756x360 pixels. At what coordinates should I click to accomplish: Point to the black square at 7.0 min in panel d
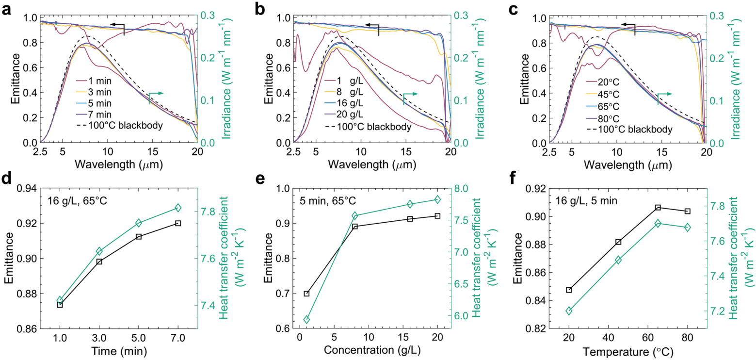coord(178,223)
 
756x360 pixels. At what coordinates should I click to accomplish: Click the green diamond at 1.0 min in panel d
coord(60,300)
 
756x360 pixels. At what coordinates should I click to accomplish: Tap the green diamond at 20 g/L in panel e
coord(437,199)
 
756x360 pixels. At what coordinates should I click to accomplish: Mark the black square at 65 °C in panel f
coord(658,208)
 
